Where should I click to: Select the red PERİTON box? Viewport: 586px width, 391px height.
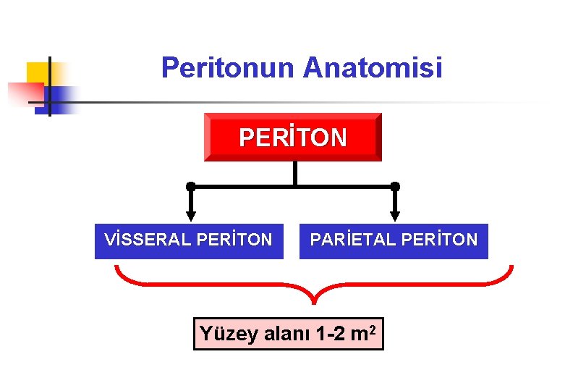point(292,137)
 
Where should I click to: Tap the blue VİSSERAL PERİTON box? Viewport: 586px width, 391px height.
point(189,241)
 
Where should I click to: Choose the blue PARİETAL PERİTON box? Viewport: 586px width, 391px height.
point(394,241)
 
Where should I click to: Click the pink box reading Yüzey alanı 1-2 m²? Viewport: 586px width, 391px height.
point(288,334)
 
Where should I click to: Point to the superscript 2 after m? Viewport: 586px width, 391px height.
point(371,329)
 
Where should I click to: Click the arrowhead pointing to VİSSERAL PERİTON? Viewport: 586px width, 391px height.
point(191,215)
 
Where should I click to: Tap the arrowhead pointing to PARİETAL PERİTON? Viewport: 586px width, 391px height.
point(395,215)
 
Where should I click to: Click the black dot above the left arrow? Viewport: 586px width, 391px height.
point(191,186)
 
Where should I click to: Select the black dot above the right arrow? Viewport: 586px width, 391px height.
point(395,186)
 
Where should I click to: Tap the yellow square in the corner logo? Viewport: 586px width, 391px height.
point(37,73)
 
